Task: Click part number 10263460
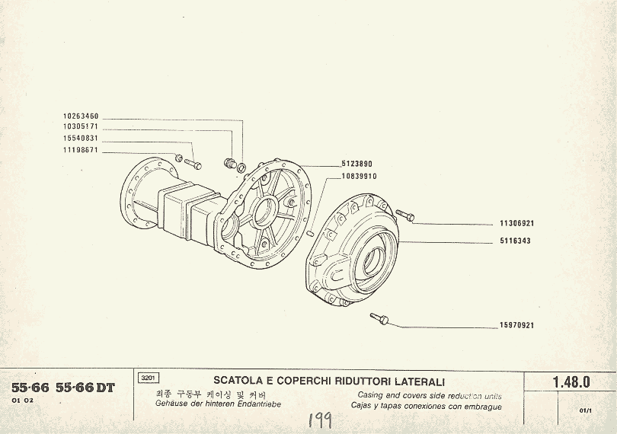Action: click(81, 116)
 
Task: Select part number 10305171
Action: click(81, 126)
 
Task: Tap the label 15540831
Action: click(81, 138)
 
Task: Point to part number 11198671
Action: click(81, 150)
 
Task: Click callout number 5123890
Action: click(356, 164)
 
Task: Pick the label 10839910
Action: click(359, 176)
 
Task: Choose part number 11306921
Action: click(516, 224)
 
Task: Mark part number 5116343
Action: click(516, 241)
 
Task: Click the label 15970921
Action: click(516, 326)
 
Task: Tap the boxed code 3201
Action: click(149, 378)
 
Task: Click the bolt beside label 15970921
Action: click(379, 318)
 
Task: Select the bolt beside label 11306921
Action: click(405, 216)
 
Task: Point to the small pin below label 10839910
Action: click(312, 231)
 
